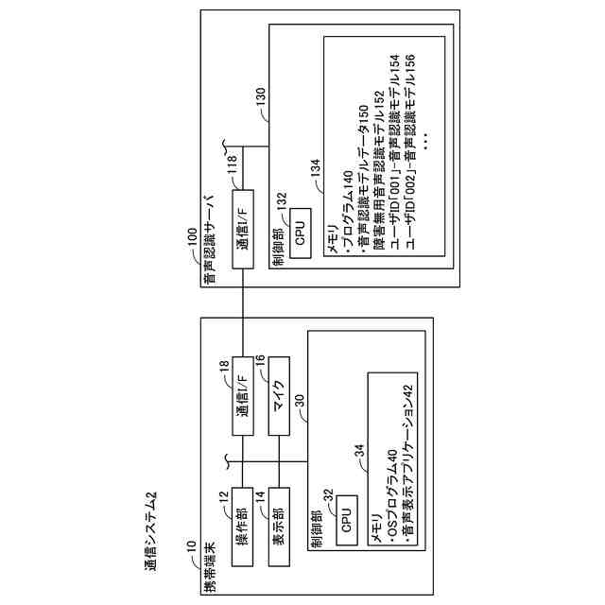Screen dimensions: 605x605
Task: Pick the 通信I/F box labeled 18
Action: (x=242, y=395)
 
